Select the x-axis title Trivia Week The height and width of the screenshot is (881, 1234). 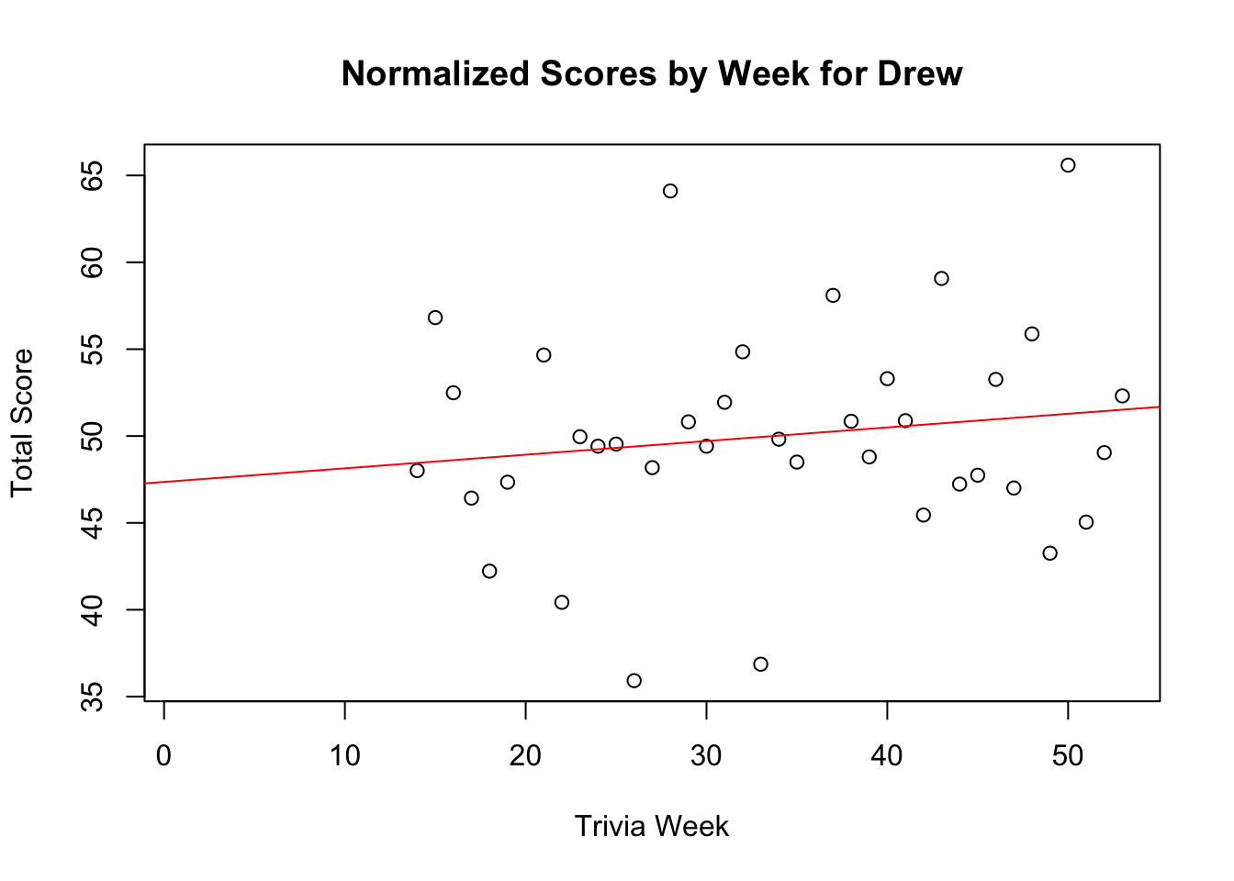[651, 826]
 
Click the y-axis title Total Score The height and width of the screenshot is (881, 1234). [22, 422]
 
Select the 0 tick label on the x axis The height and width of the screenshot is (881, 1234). [163, 756]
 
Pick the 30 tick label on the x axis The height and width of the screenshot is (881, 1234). [706, 756]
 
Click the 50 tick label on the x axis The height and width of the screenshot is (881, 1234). [1068, 756]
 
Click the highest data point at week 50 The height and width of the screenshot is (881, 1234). [1068, 165]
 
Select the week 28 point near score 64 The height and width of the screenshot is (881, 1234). [670, 191]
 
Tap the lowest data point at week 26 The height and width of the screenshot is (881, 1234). [634, 680]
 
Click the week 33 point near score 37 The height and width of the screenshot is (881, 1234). [760, 664]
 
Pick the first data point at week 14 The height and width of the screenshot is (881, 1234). [417, 471]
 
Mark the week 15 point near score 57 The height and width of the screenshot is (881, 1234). [435, 318]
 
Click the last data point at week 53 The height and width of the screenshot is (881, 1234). [1122, 396]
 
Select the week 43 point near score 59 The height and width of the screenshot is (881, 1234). [941, 278]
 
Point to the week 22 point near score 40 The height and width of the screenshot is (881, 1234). [562, 602]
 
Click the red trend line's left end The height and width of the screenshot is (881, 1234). [147, 483]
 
